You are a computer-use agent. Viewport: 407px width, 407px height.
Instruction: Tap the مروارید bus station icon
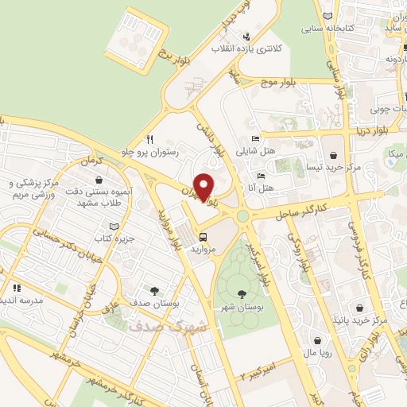[x=204, y=236]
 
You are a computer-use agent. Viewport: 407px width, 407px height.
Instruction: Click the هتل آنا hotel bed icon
[x=260, y=176]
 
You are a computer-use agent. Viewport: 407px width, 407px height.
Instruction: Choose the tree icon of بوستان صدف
[x=153, y=292]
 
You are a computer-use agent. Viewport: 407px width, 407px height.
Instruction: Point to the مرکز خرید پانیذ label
[x=362, y=321]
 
